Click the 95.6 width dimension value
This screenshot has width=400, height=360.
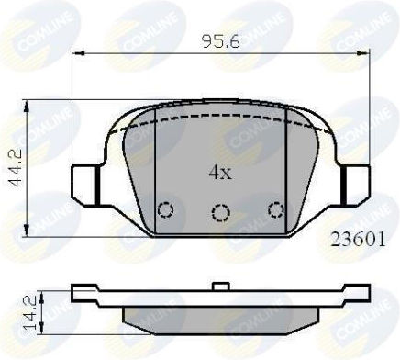(x=221, y=41)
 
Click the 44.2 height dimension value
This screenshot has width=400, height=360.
(x=15, y=167)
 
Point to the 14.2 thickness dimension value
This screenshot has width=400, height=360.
(x=31, y=314)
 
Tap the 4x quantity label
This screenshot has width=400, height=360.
(x=220, y=173)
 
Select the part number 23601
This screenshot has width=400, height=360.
(x=359, y=240)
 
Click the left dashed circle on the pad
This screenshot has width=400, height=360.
(x=165, y=210)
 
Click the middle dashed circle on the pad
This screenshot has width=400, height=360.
(x=221, y=213)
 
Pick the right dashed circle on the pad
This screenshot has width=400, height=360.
(x=276, y=210)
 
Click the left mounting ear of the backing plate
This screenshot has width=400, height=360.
(x=85, y=186)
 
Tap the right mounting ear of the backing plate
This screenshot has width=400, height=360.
(x=355, y=186)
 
